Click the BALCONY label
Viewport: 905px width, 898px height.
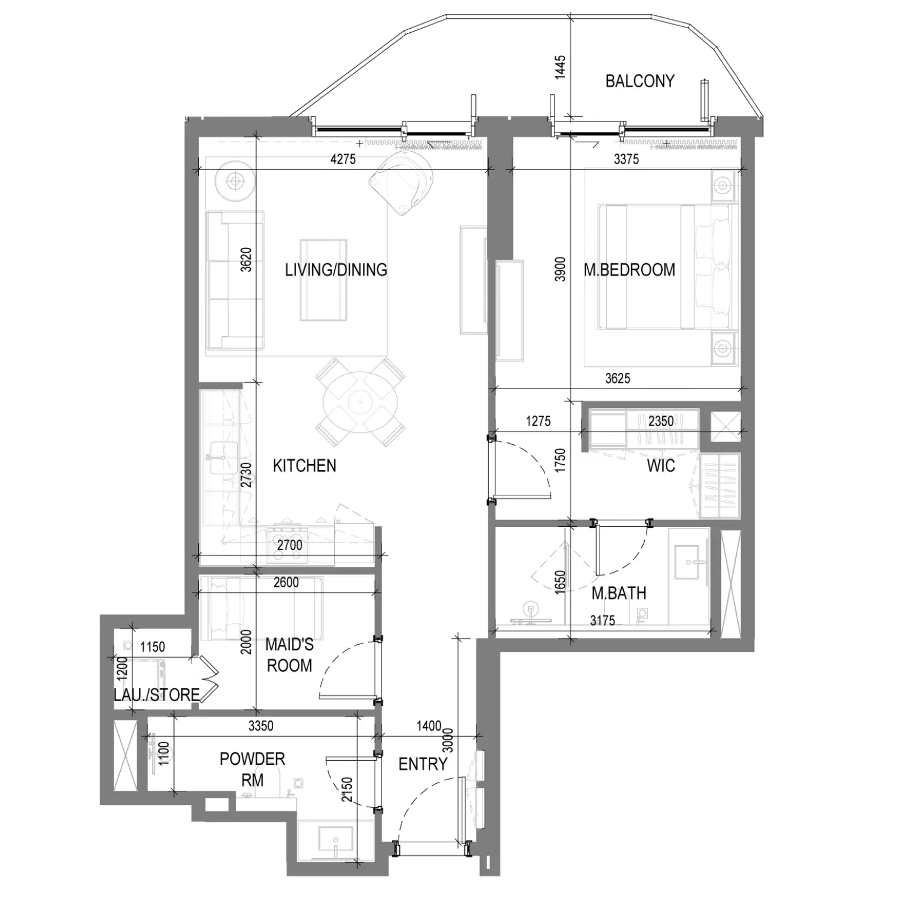coord(639,81)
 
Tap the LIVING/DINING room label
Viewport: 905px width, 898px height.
coord(336,270)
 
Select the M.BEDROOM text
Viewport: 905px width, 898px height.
coord(630,270)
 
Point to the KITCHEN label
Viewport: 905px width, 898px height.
coord(304,465)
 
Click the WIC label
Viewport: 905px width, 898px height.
coord(661,466)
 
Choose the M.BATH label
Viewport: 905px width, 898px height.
coord(619,593)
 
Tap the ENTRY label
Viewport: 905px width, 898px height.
coord(423,764)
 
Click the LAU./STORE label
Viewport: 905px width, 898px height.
coord(156,695)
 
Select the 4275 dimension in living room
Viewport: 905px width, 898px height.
coord(343,159)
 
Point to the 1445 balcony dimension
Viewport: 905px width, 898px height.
coord(560,67)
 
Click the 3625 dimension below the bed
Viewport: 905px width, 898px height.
coord(618,379)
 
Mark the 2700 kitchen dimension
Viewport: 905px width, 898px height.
coord(290,545)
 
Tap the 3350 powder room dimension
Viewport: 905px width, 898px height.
coord(261,726)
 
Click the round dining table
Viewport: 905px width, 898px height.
coord(360,402)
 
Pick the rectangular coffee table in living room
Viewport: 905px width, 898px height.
coord(323,280)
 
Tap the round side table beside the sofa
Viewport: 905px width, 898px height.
coord(235,181)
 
